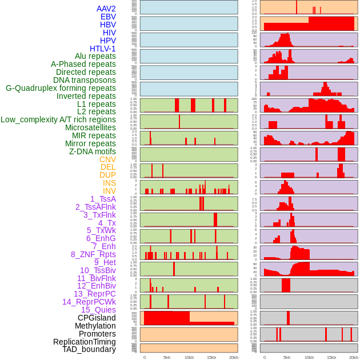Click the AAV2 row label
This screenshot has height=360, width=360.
[x=106, y=9]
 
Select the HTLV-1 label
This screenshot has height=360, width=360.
[x=103, y=49]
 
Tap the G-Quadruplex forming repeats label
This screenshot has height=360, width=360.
[x=61, y=88]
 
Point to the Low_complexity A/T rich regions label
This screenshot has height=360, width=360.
[x=58, y=119]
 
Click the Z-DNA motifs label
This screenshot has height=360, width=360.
[x=93, y=151]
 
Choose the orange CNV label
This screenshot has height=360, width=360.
[x=107, y=159]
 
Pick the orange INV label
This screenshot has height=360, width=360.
[x=109, y=191]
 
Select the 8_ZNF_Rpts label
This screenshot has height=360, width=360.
[x=93, y=254]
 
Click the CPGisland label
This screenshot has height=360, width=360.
[x=97, y=318]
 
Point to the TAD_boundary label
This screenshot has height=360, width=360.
[x=89, y=349]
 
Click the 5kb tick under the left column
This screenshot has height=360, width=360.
[x=167, y=357]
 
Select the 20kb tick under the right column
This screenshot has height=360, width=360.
[x=354, y=357]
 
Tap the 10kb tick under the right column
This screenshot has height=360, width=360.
[x=309, y=357]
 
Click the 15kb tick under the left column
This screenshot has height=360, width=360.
[x=211, y=357]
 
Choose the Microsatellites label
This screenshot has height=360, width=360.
[x=90, y=127]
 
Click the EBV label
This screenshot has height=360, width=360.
[x=108, y=17]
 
